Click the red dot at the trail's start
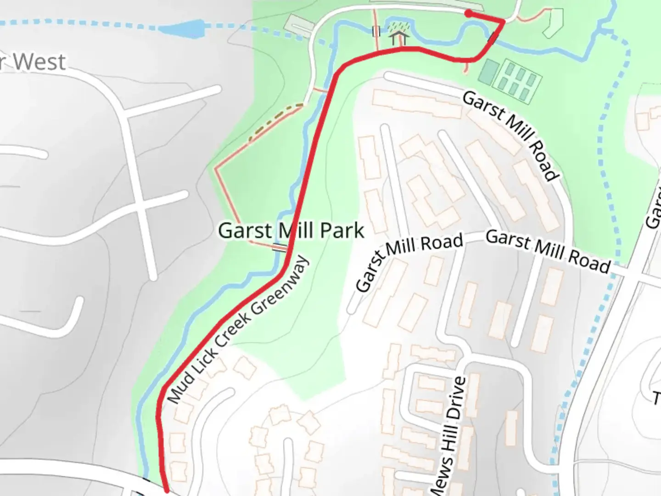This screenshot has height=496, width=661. pos(468,14)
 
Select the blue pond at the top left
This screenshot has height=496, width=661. pos(181,29)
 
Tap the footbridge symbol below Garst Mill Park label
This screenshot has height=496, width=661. pos(280,248)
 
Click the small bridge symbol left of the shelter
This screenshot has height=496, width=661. pos(376,32)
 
